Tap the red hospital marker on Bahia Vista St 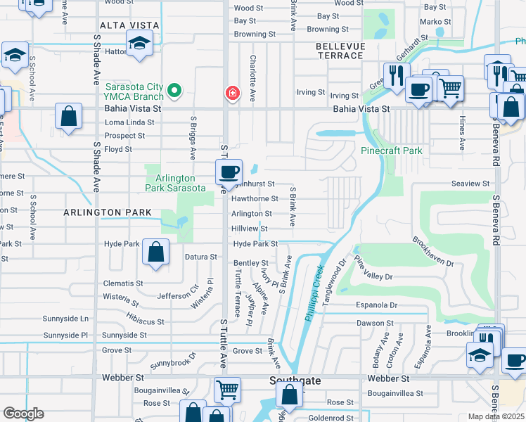[x=231, y=93]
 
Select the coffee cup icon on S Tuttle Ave [x=229, y=172]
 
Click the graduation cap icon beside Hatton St [x=139, y=44]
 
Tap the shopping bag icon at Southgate [x=289, y=395]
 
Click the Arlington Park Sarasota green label [x=175, y=183]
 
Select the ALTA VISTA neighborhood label [x=129, y=25]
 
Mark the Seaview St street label [x=470, y=184]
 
